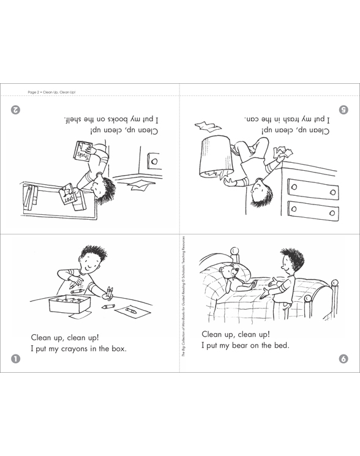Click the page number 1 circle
click(15, 359)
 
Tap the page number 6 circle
click(343, 358)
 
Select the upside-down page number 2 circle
click(15, 110)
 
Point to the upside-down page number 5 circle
click(343, 110)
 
